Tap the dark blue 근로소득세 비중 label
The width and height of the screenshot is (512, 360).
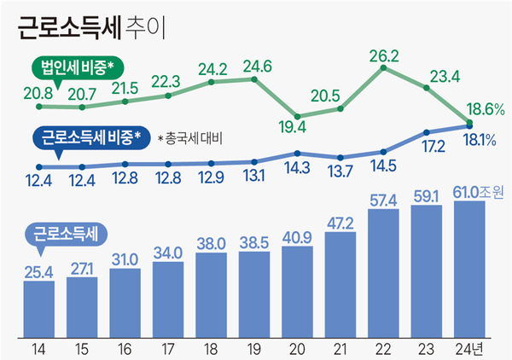(95, 136)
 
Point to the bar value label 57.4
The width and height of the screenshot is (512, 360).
(383, 200)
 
